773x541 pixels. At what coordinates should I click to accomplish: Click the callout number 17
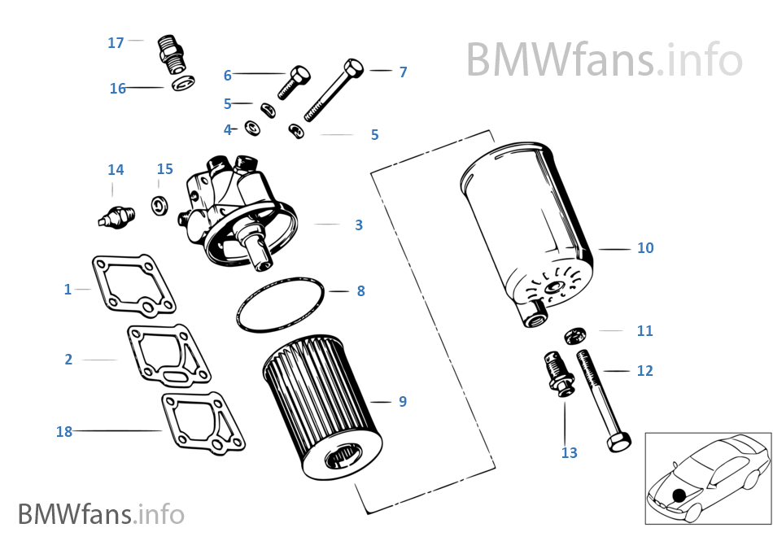116,42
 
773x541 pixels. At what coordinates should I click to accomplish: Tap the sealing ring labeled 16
184,83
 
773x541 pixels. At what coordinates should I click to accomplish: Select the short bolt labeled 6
294,82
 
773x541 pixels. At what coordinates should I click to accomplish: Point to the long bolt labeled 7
334,89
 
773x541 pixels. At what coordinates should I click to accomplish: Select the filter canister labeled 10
529,228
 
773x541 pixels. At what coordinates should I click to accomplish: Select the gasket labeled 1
135,284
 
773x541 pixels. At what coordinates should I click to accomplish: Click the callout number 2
68,359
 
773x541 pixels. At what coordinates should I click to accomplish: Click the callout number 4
228,129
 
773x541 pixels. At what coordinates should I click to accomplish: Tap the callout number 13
569,453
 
